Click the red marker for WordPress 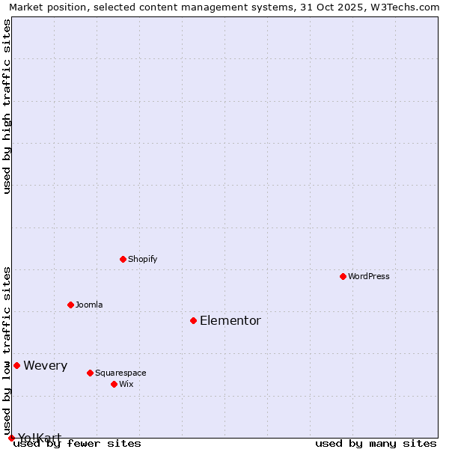coord(343,276)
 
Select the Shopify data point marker coord(123,259)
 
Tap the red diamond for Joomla coord(70,305)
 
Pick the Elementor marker coord(193,320)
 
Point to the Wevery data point coord(16,365)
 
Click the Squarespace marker coord(90,373)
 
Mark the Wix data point coord(114,384)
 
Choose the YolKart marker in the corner coord(11,438)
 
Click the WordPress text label coord(369,276)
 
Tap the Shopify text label coord(142,259)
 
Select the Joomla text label coord(89,305)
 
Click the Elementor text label coord(230,320)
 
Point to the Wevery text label coord(46,365)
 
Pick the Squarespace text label coord(120,373)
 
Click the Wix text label coord(126,384)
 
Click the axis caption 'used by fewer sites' coord(77,443)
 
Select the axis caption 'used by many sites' coord(376,443)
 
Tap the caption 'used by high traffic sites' coord(7,106)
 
